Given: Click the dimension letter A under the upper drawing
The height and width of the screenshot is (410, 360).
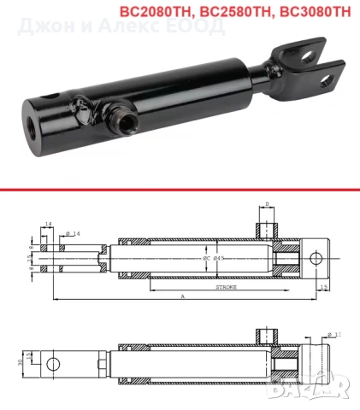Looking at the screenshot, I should click(x=182, y=297).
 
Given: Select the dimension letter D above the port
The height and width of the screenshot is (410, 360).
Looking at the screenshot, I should click(x=268, y=204).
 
